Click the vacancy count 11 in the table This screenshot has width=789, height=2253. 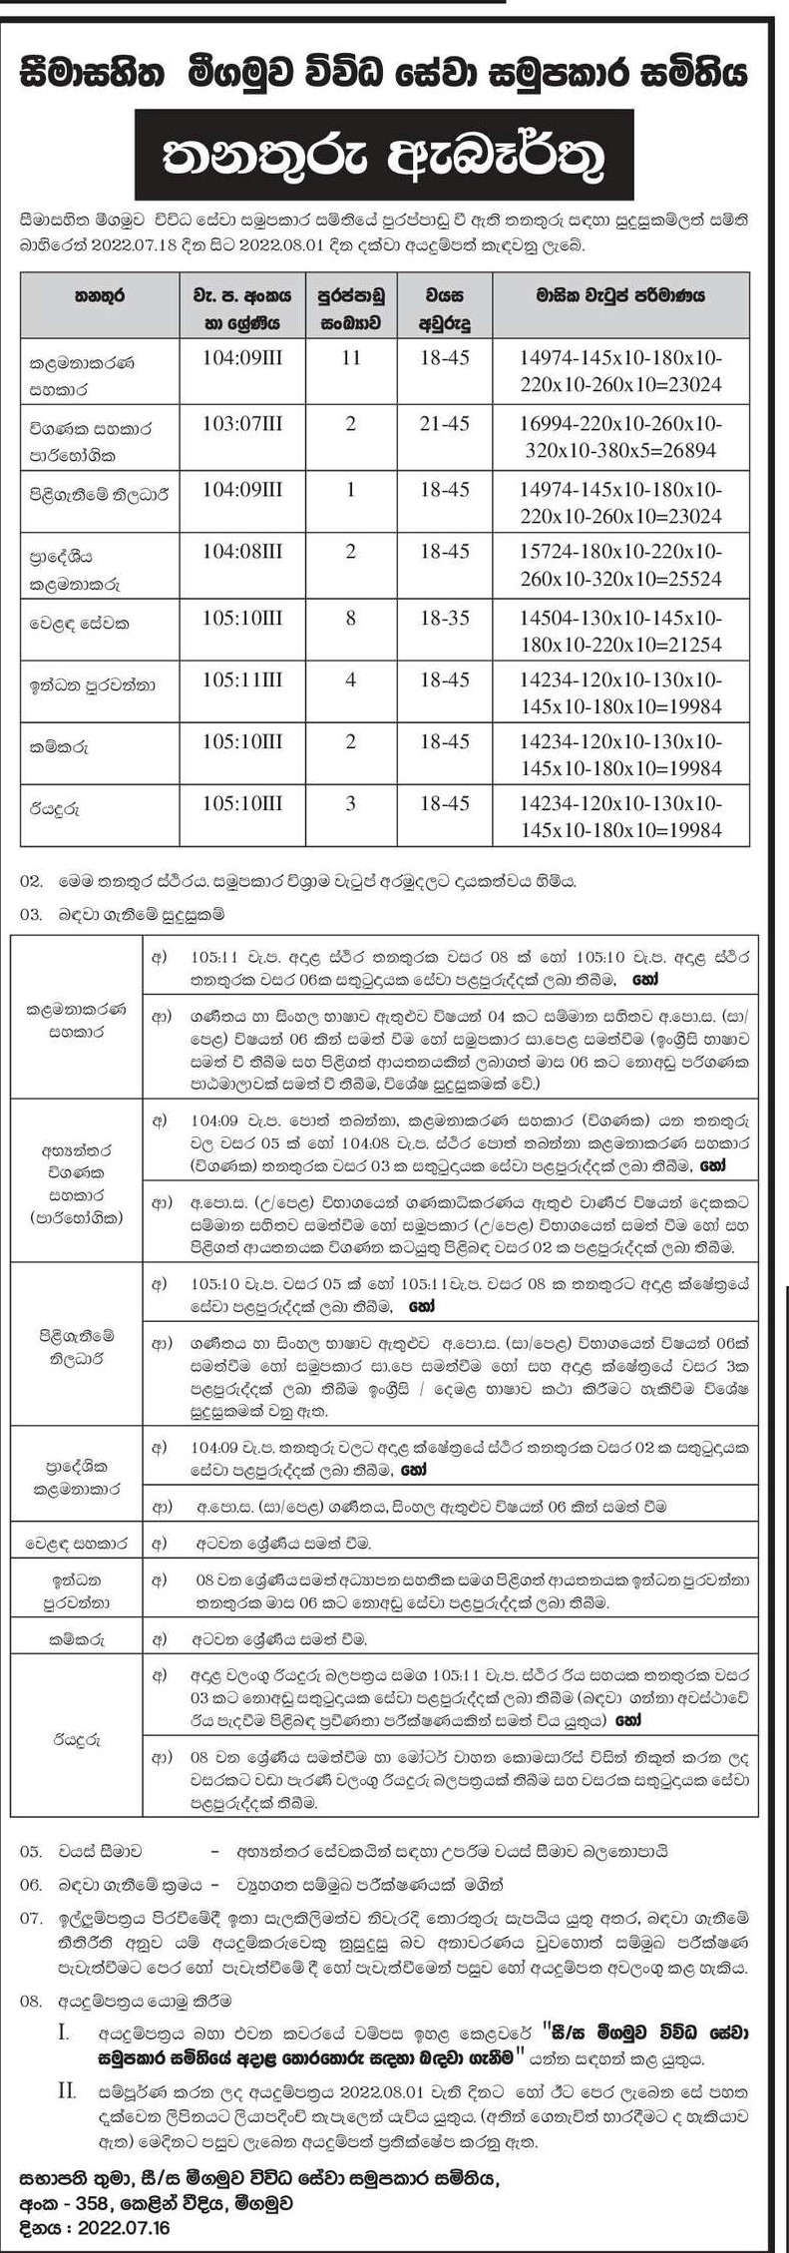click(x=350, y=357)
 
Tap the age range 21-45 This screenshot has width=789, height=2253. click(x=445, y=424)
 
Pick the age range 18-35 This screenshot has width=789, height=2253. click(x=445, y=619)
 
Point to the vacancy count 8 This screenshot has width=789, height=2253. click(x=350, y=619)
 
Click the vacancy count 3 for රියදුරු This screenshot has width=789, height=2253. click(x=350, y=804)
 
